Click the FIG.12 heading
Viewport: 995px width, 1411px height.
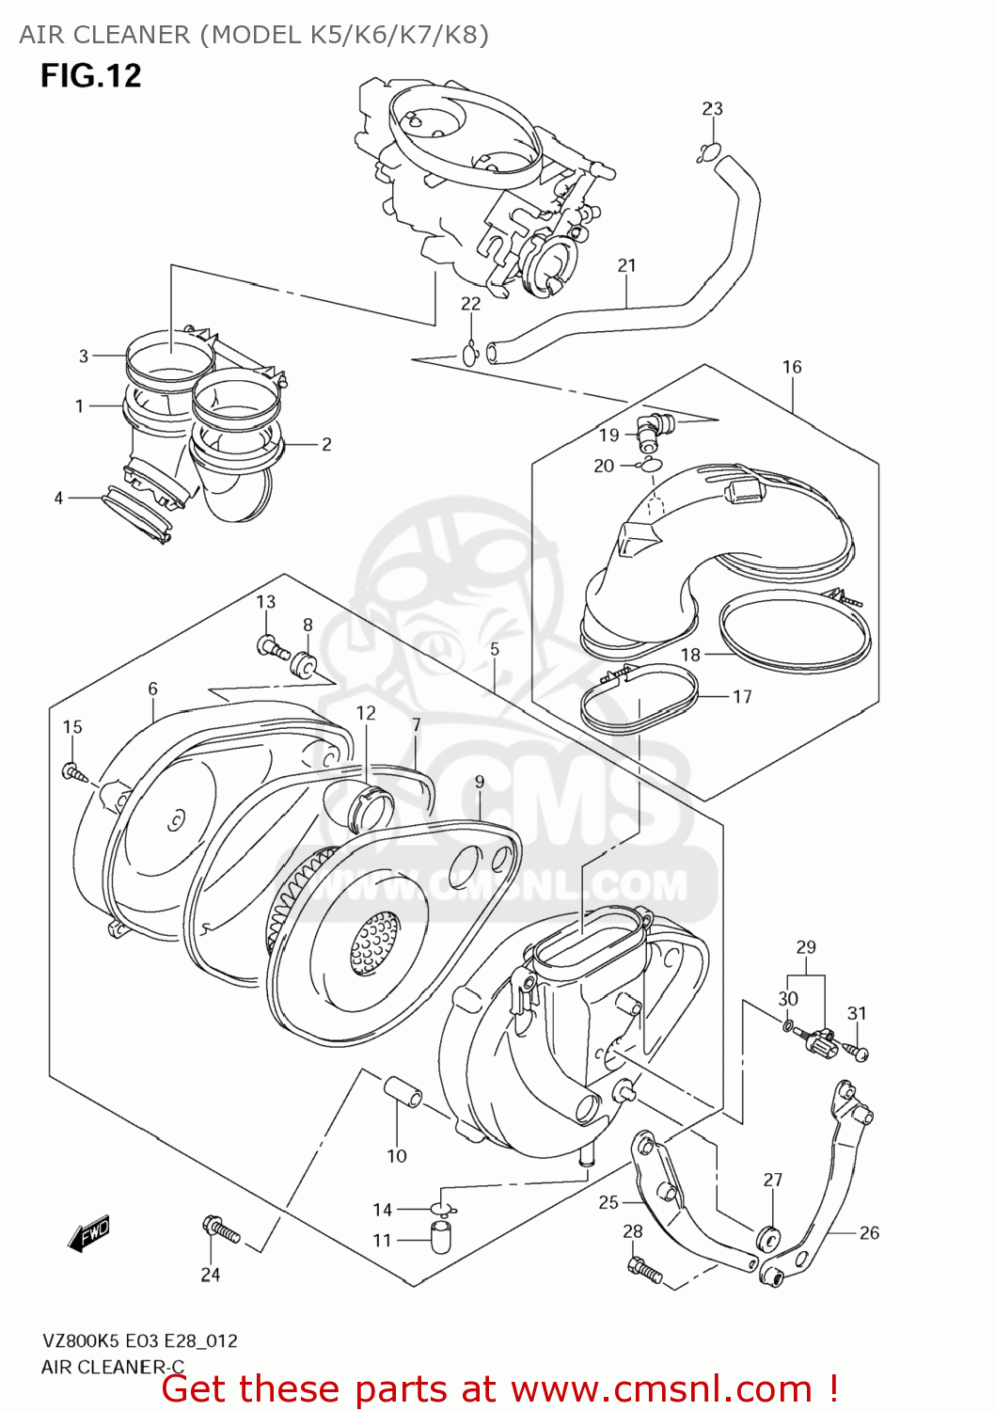click(90, 75)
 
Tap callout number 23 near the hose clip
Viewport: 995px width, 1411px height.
click(712, 108)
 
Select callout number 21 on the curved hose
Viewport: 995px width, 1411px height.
click(626, 265)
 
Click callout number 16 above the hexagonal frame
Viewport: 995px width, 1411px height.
click(792, 367)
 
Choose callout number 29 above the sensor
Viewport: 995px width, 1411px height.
click(806, 947)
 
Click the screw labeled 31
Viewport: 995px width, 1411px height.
click(858, 1052)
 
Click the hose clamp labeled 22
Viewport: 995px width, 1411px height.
click(471, 354)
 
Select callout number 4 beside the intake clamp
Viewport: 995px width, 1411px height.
click(58, 498)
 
